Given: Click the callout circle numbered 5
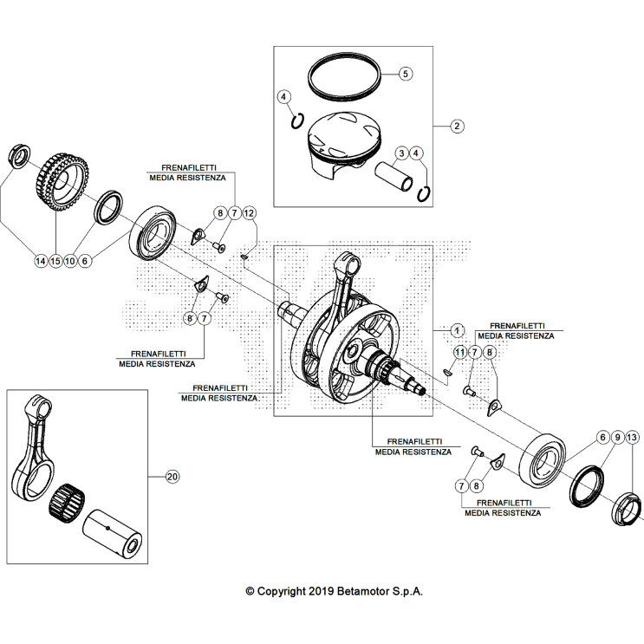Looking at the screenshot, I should pyautogui.click(x=405, y=74).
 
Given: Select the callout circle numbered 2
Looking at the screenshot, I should pyautogui.click(x=458, y=125).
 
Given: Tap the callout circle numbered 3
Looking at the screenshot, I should pyautogui.click(x=401, y=153).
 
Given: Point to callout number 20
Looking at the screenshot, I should pyautogui.click(x=172, y=477).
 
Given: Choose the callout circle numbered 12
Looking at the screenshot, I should pyautogui.click(x=249, y=212).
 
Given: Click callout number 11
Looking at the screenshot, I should pyautogui.click(x=459, y=352).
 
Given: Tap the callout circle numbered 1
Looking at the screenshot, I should pyautogui.click(x=458, y=330).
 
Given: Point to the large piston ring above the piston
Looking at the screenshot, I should pyautogui.click(x=345, y=78).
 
